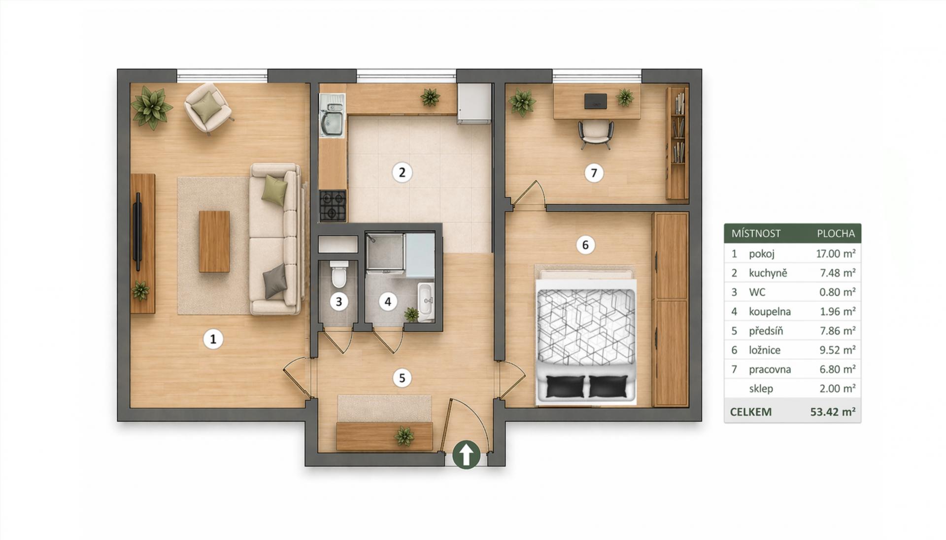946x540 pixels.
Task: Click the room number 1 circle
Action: (213, 339)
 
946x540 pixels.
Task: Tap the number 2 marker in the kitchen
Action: (402, 173)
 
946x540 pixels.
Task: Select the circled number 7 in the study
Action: (594, 173)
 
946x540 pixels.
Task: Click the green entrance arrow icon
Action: (466, 454)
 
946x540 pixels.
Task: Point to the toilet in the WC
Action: (339, 275)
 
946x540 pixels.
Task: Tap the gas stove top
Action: (333, 206)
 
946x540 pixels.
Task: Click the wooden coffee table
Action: (214, 241)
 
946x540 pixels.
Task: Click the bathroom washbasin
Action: (426, 300)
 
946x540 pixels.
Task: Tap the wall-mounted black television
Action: (138, 232)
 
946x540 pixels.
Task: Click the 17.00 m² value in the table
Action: (836, 254)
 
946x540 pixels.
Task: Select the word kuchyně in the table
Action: (768, 273)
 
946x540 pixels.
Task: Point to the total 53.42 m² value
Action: (833, 412)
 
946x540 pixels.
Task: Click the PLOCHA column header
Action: (836, 233)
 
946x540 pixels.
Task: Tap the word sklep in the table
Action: (761, 388)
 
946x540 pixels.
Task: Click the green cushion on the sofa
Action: (274, 190)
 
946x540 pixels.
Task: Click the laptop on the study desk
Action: (596, 101)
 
